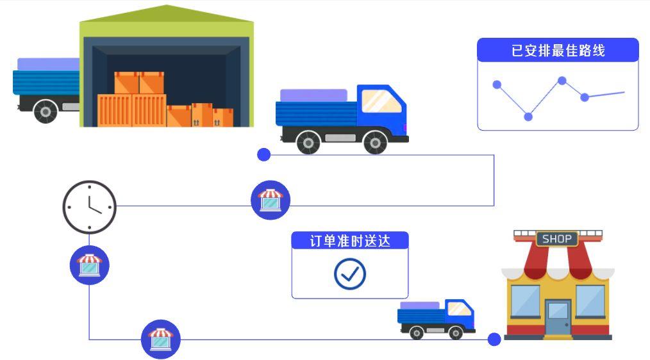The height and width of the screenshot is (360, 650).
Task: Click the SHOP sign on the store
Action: click(556, 239)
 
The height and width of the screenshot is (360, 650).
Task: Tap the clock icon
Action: click(89, 207)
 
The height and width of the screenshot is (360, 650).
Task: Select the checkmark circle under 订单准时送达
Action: click(349, 274)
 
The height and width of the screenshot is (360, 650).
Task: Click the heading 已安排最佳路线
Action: click(558, 51)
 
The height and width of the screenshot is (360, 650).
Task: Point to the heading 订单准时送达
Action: click(349, 241)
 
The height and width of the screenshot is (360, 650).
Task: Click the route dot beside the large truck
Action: click(263, 154)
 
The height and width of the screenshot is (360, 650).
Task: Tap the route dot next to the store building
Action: click(494, 340)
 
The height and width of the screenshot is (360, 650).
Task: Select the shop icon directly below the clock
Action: click(89, 265)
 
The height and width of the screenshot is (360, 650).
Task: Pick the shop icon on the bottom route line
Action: click(160, 339)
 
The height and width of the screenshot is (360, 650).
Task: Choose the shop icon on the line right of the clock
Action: click(270, 200)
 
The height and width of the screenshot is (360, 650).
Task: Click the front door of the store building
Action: click(557, 317)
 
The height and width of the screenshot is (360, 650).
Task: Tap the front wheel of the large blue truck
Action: click(375, 142)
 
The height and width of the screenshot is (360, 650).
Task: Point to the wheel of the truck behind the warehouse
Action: click(45, 111)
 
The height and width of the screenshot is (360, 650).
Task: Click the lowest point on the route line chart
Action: click(528, 117)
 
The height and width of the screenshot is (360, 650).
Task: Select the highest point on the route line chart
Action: click(562, 81)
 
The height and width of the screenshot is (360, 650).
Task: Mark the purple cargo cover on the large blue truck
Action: click(313, 95)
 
